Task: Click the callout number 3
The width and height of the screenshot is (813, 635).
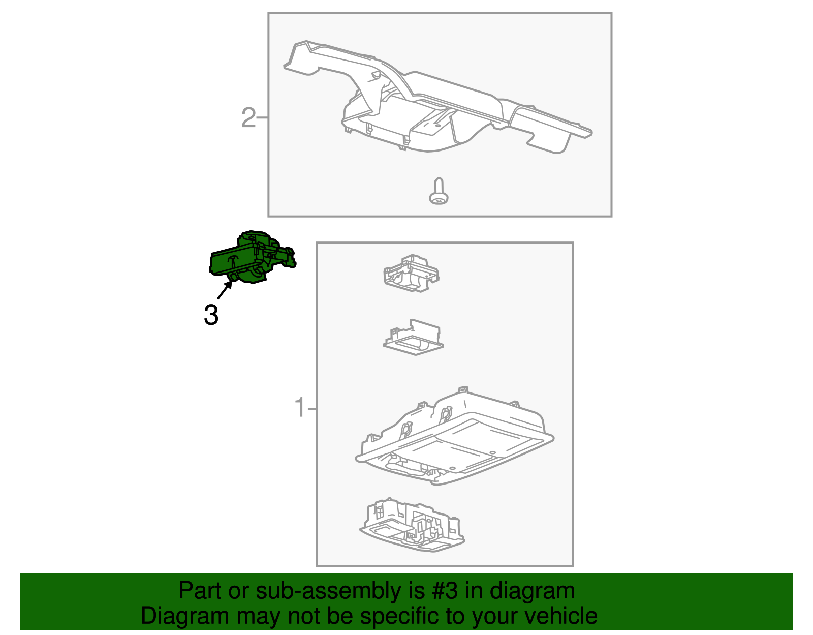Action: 211,315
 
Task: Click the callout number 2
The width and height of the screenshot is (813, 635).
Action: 248,118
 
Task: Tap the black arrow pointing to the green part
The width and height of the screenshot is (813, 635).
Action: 225,291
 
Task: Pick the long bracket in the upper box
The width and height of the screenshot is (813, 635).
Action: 437,102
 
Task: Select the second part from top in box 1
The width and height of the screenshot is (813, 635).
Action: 413,338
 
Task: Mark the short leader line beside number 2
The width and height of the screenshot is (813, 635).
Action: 262,118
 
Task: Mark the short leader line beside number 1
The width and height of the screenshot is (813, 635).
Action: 312,408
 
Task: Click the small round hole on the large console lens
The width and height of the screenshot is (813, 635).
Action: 491,453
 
